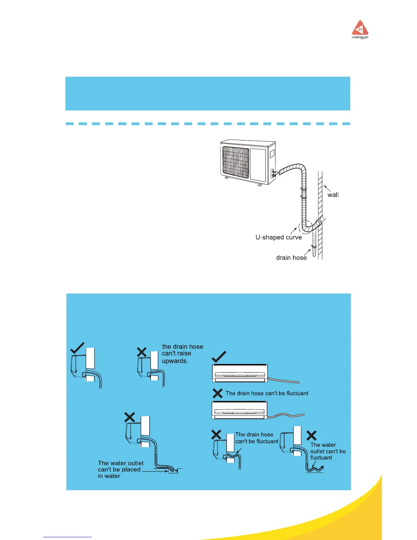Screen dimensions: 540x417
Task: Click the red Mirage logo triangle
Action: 360,28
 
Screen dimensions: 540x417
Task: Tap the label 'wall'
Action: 333,195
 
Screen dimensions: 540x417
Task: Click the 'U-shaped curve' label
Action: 279,237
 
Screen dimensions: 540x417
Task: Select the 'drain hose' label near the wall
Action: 291,258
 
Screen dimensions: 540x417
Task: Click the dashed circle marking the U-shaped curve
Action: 305,227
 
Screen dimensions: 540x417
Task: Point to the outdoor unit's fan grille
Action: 236,162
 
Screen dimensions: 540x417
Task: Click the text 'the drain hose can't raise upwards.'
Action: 182,354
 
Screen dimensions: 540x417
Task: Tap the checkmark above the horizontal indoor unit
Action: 219,357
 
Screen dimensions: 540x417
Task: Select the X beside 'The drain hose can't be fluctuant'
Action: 217,393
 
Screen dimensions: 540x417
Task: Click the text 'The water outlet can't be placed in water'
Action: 120,469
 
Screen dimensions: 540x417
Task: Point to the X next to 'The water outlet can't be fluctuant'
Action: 311,435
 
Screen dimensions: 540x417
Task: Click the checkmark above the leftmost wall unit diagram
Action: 77,348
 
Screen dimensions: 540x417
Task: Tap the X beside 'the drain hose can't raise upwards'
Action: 142,352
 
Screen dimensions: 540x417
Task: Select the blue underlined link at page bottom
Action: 67,537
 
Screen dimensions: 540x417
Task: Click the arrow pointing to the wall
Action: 327,188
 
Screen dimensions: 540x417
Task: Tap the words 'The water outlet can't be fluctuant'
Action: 327,451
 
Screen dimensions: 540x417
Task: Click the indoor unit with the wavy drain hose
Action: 239,410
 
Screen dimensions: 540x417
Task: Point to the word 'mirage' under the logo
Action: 360,37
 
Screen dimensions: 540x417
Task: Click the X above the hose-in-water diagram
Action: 129,417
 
